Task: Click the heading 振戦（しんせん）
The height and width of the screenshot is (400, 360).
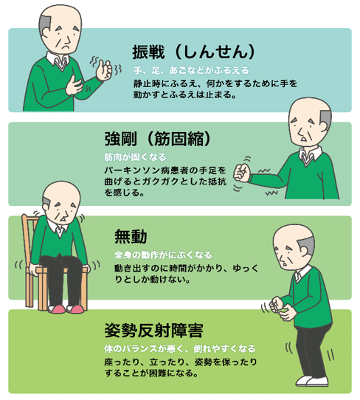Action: pos(194,52)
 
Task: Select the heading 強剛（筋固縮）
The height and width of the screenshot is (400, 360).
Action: pos(158,139)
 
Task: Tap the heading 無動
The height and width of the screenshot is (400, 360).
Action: pos(131,236)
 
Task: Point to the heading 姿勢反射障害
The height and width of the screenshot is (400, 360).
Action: pos(153,331)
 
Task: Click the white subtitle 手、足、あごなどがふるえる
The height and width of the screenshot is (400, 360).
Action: pos(191,70)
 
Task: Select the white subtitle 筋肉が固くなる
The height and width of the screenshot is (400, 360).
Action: pos(135,157)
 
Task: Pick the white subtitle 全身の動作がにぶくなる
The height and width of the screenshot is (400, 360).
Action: pos(163,255)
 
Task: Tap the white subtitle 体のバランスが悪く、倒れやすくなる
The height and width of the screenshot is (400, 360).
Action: pos(180,348)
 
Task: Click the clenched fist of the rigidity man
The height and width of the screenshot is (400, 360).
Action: pos(241,173)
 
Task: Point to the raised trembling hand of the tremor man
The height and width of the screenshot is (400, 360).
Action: pos(104,70)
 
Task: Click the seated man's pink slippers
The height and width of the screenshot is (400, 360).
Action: pos(66,309)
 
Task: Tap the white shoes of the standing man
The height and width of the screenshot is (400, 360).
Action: pos(311,382)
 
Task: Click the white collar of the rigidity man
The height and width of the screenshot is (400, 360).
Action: pos(310,154)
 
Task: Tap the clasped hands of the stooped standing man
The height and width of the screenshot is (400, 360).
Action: pos(280,308)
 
